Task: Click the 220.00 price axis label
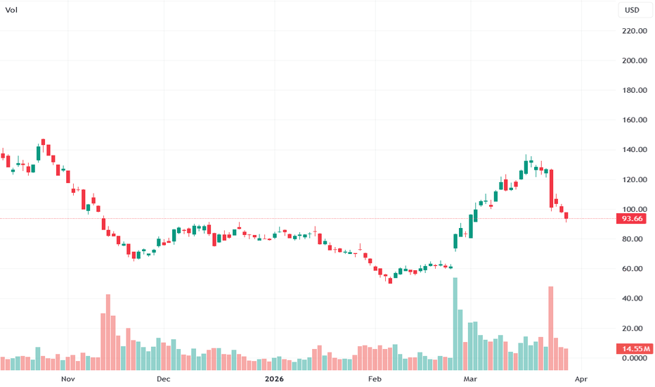pos(633,31)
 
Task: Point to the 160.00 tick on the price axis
pos(633,120)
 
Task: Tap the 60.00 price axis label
pos(633,269)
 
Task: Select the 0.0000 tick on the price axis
pos(633,358)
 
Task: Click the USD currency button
pos(633,11)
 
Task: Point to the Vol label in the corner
pos(11,11)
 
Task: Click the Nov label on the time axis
pos(67,379)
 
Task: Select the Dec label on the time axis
pos(163,379)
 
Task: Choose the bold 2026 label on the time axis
pos(274,379)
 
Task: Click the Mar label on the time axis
pos(469,379)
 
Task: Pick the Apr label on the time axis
pos(581,379)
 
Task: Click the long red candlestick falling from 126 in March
pos(552,189)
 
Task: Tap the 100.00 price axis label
pos(633,210)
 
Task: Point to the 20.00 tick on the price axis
pos(633,329)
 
